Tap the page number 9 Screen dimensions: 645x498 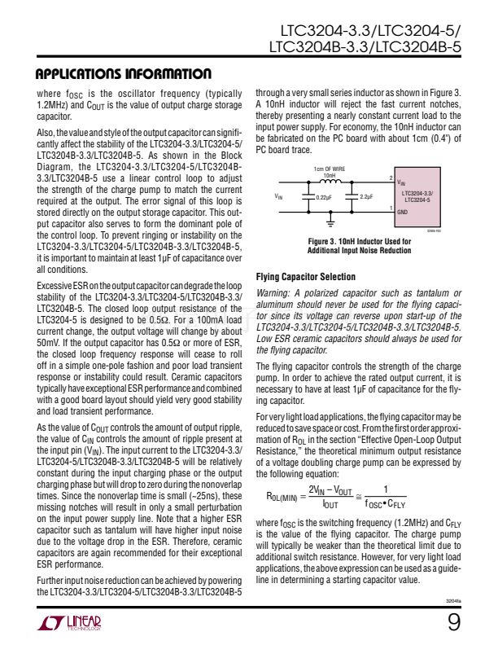[x=453, y=623]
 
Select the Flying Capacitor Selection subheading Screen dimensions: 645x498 [x=305, y=277]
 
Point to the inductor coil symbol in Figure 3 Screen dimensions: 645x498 [x=330, y=182]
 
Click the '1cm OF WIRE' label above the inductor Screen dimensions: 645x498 [x=329, y=168]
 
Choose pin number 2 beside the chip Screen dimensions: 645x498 [x=391, y=178]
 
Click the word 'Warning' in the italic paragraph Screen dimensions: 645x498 [x=274, y=293]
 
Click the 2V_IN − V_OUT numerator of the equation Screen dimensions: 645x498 [x=330, y=489]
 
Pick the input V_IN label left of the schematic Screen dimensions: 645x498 [x=280, y=196]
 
